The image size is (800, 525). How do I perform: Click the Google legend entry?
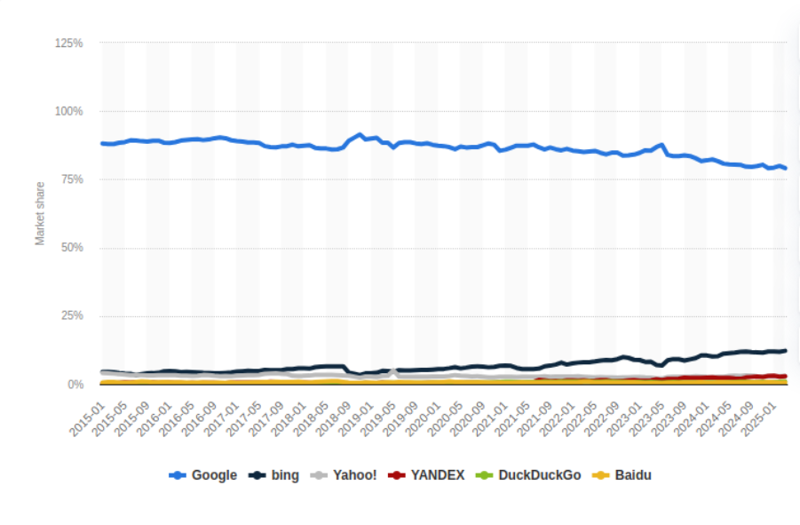click(x=203, y=475)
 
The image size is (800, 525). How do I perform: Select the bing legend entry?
click(x=274, y=475)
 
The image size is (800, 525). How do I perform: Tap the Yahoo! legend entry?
click(x=344, y=475)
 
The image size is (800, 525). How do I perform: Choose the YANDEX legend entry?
click(x=426, y=475)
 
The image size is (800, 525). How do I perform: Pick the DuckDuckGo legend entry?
click(x=528, y=475)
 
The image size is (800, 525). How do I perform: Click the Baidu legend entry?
click(x=622, y=475)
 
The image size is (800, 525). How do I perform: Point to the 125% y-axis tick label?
click(x=69, y=44)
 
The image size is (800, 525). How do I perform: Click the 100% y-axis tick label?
click(x=69, y=111)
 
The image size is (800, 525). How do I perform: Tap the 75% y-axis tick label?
click(x=72, y=179)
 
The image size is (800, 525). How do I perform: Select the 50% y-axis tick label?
click(x=72, y=248)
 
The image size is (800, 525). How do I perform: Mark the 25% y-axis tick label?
click(x=72, y=316)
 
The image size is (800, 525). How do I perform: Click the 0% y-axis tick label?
click(x=75, y=385)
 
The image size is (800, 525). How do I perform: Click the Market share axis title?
click(x=40, y=214)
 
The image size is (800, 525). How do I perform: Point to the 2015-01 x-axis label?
click(x=87, y=419)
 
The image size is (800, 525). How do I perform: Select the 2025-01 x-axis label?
click(x=759, y=419)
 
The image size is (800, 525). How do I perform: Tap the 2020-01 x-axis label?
click(x=423, y=419)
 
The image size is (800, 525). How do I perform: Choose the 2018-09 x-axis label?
click(x=334, y=419)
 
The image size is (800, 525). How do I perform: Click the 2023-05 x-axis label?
click(x=647, y=419)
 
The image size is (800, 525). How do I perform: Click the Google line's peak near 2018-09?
click(x=360, y=135)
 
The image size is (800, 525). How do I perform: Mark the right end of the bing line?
click(x=785, y=351)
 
